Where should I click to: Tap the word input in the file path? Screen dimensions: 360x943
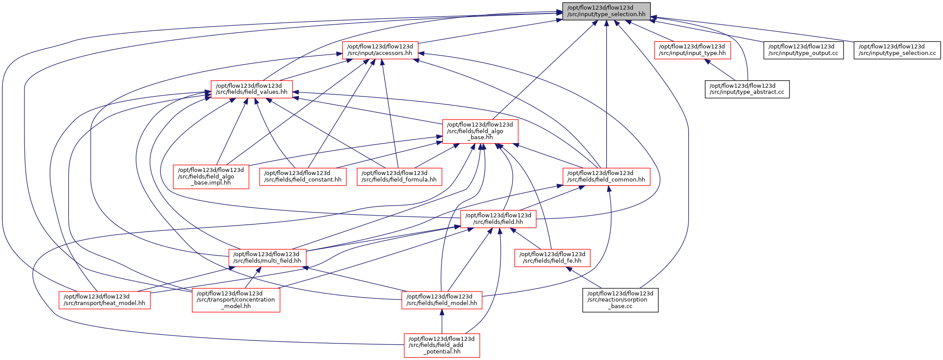[593, 14]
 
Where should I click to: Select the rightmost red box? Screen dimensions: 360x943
[692, 50]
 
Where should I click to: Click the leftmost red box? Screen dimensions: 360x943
[104, 300]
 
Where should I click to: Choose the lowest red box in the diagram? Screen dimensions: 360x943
[442, 345]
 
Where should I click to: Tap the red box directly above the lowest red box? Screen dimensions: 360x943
[441, 300]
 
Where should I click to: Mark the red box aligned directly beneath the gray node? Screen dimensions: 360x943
[606, 177]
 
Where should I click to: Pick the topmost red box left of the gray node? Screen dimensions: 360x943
[380, 50]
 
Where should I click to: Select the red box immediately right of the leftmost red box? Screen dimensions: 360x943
[236, 300]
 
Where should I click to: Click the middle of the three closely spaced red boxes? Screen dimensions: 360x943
[303, 177]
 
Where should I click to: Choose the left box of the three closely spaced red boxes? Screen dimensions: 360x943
[211, 177]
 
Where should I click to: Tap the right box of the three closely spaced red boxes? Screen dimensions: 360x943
[399, 177]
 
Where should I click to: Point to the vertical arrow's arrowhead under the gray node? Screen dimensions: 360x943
[606, 23]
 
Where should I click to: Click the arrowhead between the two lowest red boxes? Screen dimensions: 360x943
[441, 312]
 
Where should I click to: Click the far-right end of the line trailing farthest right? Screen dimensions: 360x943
[853, 42]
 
